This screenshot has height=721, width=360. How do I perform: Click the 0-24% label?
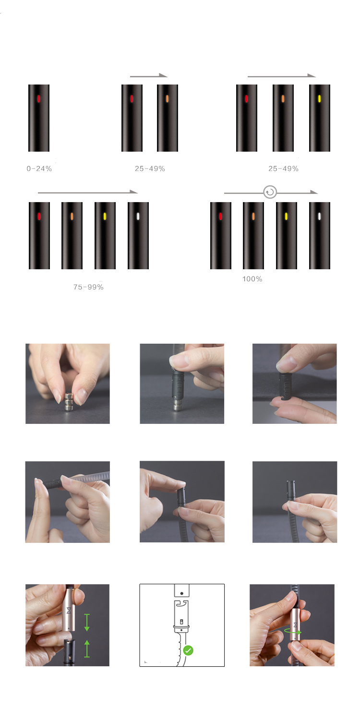[x=39, y=168]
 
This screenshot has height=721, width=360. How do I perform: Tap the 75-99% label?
[x=88, y=287]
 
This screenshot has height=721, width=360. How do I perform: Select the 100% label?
[x=252, y=279]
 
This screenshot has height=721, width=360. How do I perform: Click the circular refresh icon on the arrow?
[x=270, y=192]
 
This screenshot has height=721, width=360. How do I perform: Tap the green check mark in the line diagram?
[x=188, y=650]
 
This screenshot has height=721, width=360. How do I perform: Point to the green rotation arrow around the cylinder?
[x=293, y=632]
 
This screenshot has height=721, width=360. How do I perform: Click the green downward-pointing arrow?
[x=87, y=623]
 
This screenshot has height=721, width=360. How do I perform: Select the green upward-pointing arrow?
[x=87, y=649]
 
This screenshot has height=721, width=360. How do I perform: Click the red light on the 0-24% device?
[x=38, y=99]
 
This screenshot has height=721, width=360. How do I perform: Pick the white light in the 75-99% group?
[x=138, y=216]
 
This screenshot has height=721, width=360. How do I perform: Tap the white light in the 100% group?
[x=320, y=216]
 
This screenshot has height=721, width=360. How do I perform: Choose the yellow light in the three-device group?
[x=320, y=99]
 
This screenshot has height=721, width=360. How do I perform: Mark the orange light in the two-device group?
[x=168, y=99]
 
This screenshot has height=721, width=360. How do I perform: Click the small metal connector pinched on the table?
[x=69, y=401]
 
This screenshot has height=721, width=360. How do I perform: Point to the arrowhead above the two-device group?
[x=163, y=75]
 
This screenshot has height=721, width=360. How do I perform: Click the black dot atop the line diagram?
[x=182, y=593]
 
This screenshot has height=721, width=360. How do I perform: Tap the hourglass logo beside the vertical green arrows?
[x=69, y=610]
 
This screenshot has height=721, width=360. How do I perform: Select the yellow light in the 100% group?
[x=287, y=216]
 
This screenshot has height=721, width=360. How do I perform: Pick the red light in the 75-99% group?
[x=39, y=216]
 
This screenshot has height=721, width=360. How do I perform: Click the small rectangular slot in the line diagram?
[x=181, y=621]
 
